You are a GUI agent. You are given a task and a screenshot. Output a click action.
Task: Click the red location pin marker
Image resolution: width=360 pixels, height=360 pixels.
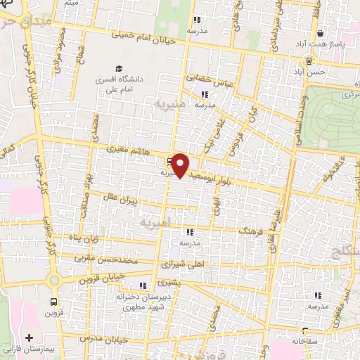coord(181,165)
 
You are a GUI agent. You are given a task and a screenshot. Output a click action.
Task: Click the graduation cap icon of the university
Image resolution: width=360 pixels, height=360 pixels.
coord(119,70)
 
